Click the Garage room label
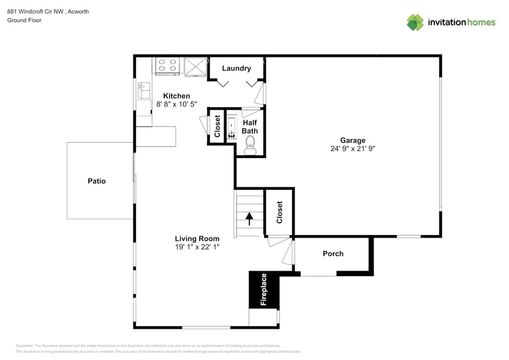point(353,140)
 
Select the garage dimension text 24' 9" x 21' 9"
point(353,149)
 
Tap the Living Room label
point(197,238)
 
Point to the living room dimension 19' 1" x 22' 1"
point(197,247)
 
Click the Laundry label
point(236,69)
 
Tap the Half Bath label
point(249,126)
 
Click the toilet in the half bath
point(250,144)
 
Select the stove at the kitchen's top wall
point(168,66)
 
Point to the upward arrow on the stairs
point(249,217)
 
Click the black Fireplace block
point(263,290)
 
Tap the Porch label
point(333,253)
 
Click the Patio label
point(96,181)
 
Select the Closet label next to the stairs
point(279,212)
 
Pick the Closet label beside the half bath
point(217,126)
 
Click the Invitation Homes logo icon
point(415,22)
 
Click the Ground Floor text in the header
point(23,20)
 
